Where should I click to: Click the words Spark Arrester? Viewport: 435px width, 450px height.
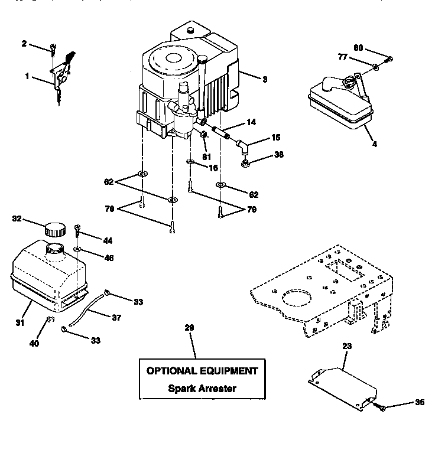click(202, 389)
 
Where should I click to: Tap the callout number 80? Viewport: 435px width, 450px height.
click(358, 48)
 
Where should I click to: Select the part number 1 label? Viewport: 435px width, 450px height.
click(27, 76)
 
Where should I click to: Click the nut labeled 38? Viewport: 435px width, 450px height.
click(244, 159)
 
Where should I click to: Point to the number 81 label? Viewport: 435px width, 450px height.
click(207, 157)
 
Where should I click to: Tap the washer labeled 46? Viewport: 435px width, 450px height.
click(78, 250)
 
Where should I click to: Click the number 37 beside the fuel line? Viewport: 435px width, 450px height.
click(116, 317)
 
